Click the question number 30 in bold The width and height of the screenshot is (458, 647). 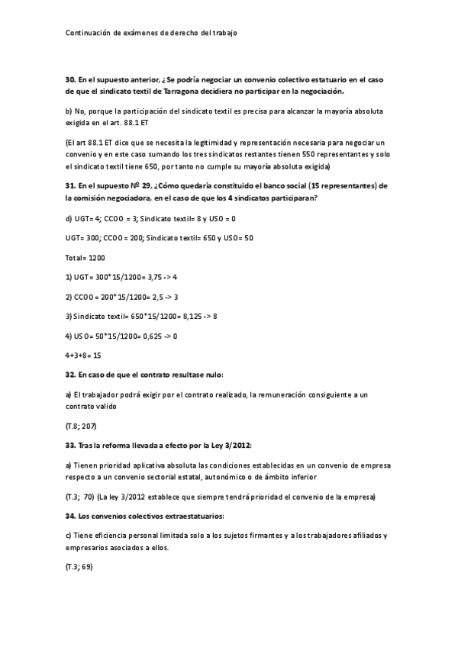pyautogui.click(x=70, y=79)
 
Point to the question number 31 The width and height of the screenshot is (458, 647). pyautogui.click(x=70, y=186)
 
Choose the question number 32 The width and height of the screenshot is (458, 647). pyautogui.click(x=70, y=375)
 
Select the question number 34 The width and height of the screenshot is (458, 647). pyautogui.click(x=70, y=516)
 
